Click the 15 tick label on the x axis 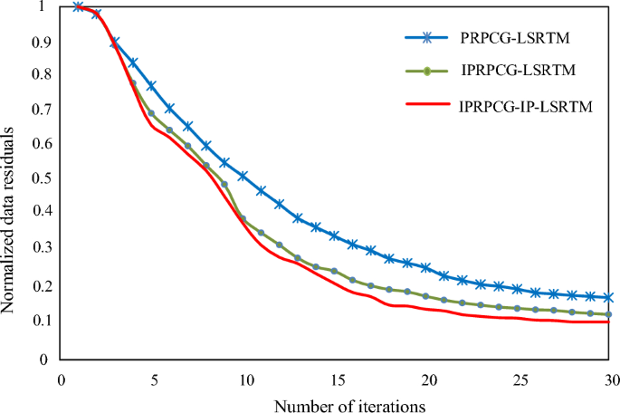coord(336,379)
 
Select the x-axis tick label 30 coord(612,379)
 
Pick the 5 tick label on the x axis coord(152,379)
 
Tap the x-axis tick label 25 coord(520,379)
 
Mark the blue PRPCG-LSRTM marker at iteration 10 coord(243,176)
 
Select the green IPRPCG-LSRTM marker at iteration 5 coord(151,114)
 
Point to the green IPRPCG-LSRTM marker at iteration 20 coord(425,296)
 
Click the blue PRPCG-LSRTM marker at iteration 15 coord(335,236)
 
